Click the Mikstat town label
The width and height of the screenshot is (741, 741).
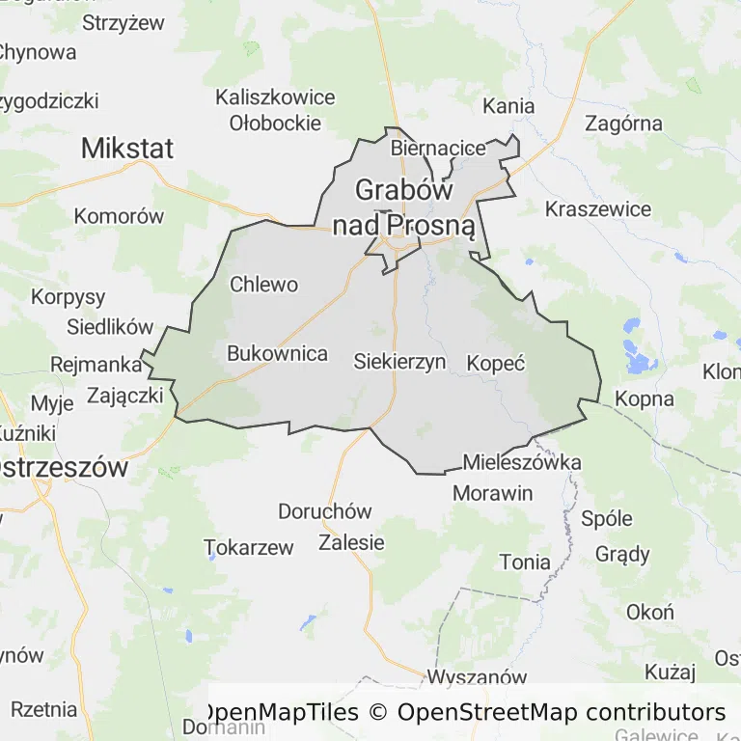coord(127,149)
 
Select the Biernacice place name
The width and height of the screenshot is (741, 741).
coord(438,149)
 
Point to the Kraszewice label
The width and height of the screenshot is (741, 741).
coord(598,208)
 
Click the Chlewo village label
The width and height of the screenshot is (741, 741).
coord(263,285)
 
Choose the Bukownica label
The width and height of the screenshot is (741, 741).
coord(277,354)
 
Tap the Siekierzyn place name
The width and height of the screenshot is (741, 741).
coord(399,363)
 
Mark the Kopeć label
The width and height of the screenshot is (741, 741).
coord(495,364)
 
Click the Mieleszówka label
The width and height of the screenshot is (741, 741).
coord(522,462)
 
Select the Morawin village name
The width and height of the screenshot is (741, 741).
coord(493,493)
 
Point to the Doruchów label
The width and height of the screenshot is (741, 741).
coord(324,511)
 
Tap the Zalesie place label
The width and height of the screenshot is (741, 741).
coord(351,542)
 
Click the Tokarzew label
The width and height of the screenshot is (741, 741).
coord(249,548)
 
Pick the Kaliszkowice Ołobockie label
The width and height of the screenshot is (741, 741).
coord(275,110)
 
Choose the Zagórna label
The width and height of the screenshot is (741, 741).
coord(624,123)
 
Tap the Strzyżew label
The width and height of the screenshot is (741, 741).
coord(123,22)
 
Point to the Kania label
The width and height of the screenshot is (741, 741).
coord(508,105)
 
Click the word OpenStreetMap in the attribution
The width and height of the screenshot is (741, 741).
coord(488,713)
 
